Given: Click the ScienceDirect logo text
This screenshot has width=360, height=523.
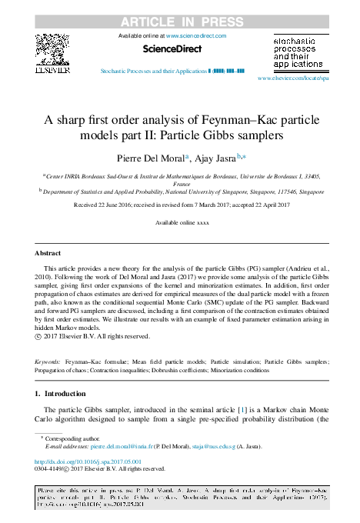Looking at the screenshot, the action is point(172,49).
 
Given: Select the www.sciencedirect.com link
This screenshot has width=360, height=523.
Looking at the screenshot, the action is point(197,35).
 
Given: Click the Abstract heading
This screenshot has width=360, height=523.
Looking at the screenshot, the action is point(48,252).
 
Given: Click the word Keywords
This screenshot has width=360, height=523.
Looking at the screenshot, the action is point(48,361).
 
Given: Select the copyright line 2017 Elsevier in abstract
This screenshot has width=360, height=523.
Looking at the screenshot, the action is point(102,335).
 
